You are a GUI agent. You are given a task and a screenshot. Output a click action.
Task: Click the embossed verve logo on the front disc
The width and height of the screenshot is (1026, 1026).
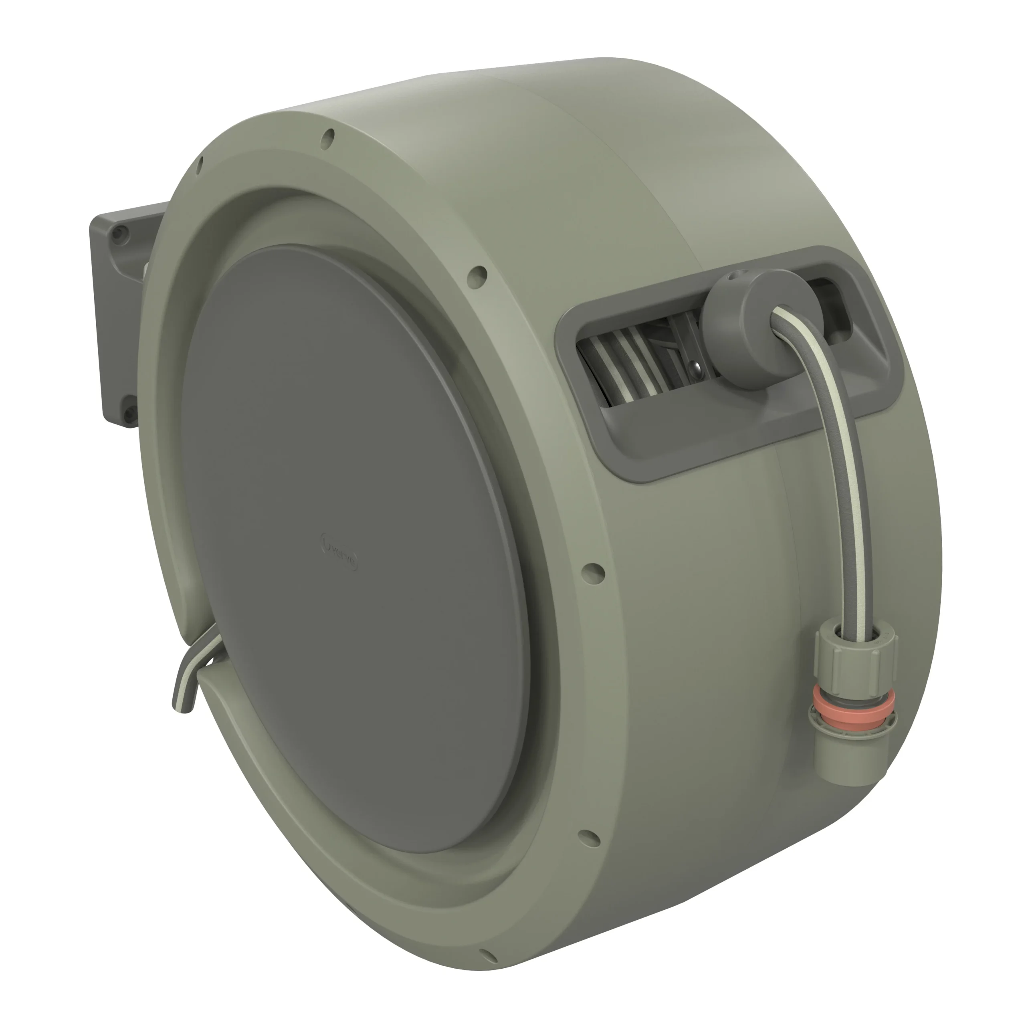(x=340, y=554)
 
